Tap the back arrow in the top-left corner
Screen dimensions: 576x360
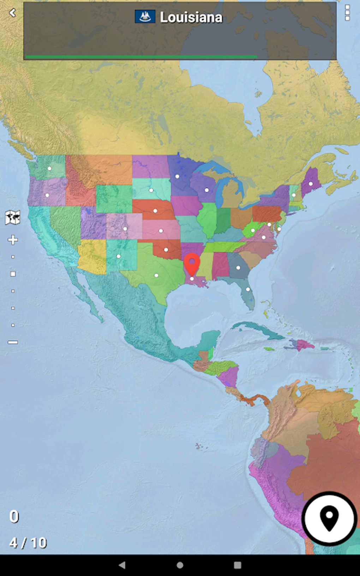[12, 13]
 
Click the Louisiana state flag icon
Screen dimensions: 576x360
[145, 17]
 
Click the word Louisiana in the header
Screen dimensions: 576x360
[191, 17]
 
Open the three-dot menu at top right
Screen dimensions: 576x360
[347, 13]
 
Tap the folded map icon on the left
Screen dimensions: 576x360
[13, 217]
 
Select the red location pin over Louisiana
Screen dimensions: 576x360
[192, 263]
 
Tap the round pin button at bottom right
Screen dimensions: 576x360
[329, 518]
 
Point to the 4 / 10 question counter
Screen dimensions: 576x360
[28, 543]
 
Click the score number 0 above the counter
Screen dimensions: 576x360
[14, 516]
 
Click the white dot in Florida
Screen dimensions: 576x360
[248, 289]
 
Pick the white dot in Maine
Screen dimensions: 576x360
[311, 184]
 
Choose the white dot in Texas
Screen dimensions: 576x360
[156, 275]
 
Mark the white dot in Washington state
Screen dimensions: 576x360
[49, 168]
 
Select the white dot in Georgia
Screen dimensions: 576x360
[238, 268]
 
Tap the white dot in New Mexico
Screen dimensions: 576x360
[119, 256]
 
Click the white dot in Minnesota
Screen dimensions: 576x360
[177, 176]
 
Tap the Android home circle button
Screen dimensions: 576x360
[180, 565]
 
